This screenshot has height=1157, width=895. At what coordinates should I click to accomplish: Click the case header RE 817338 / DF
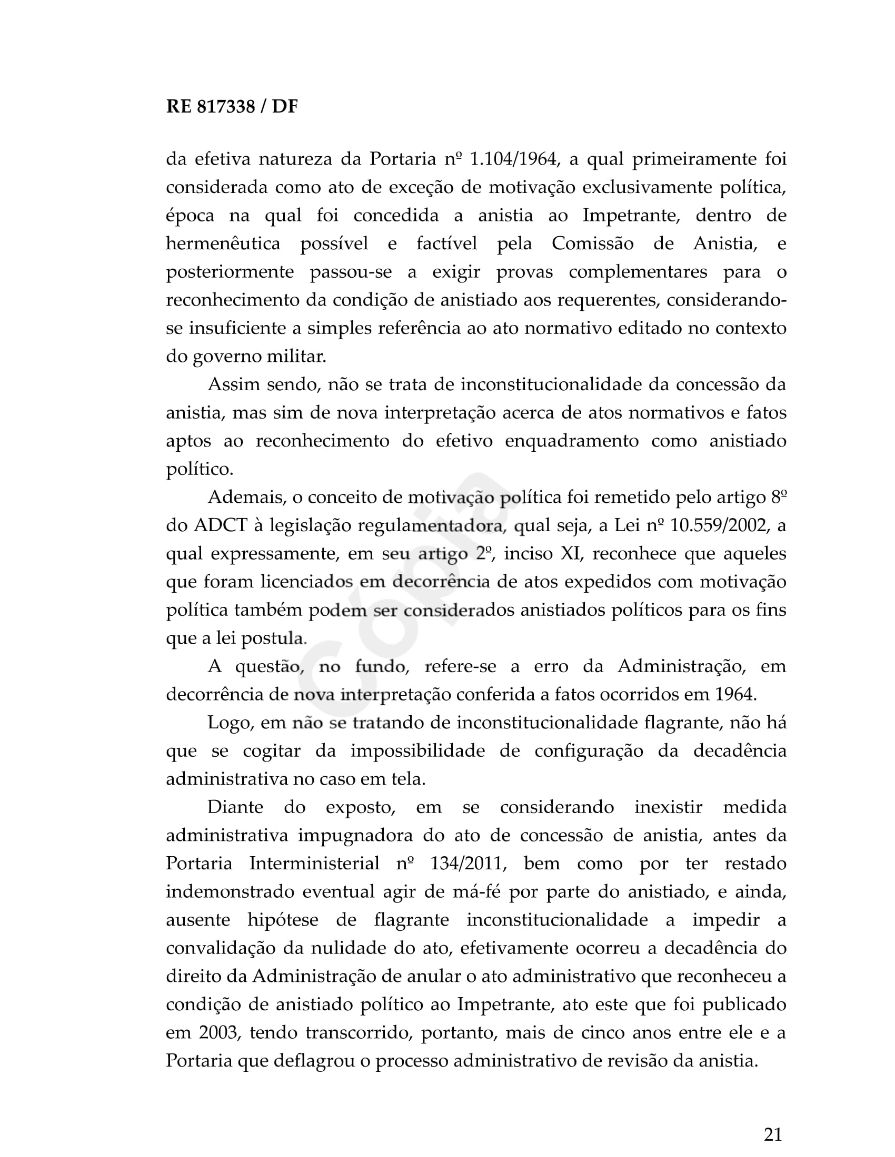pyautogui.click(x=232, y=107)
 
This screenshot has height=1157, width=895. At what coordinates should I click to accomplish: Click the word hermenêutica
pyautogui.click(x=223, y=243)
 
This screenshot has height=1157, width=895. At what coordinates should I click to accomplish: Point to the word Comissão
pyautogui.click(x=592, y=243)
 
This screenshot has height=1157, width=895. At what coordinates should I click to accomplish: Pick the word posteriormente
pyautogui.click(x=230, y=272)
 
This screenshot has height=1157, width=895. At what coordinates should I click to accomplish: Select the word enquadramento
pyautogui.click(x=572, y=441)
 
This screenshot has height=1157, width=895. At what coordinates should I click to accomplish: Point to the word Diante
pyautogui.click(x=235, y=807)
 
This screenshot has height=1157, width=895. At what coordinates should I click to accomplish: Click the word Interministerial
pyautogui.click(x=314, y=864)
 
